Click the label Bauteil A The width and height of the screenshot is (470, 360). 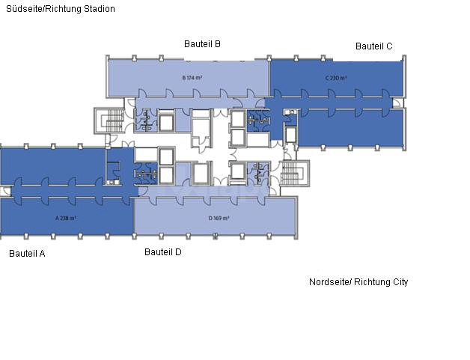(x=27, y=254)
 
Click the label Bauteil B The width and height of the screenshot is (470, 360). (x=202, y=44)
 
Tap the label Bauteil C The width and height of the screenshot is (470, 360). (x=374, y=46)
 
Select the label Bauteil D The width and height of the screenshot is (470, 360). (x=163, y=252)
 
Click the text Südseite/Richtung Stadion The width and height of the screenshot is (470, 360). (x=61, y=9)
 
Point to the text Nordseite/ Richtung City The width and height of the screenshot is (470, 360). (x=358, y=282)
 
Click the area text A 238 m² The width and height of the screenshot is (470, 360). (x=66, y=219)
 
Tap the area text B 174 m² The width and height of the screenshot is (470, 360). (x=193, y=77)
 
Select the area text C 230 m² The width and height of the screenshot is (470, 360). (x=337, y=77)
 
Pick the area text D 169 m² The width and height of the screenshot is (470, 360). (x=218, y=219)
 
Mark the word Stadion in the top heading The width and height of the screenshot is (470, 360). (x=100, y=9)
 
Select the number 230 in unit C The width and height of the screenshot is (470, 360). (x=338, y=77)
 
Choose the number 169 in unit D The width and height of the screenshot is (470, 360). (x=219, y=219)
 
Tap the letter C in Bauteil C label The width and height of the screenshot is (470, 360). (x=389, y=46)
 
